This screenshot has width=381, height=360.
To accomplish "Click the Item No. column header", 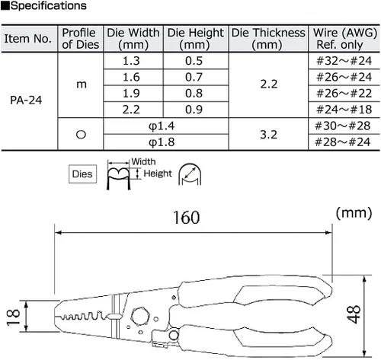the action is click(28, 39).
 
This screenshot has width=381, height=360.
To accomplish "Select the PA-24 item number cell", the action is click(26, 100).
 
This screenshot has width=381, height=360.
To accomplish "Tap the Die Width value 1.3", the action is click(131, 61).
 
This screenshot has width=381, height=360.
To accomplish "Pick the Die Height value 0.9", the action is click(194, 110).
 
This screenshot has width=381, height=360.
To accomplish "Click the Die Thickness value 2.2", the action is click(269, 84).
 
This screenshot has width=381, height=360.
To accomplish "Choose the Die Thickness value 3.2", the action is click(269, 135).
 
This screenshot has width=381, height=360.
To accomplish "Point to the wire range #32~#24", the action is click(344, 61).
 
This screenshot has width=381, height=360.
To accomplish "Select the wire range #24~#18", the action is click(344, 110).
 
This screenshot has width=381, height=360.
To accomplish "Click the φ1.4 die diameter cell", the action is click(162, 126).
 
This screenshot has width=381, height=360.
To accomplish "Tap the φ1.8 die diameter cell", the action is click(162, 142).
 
